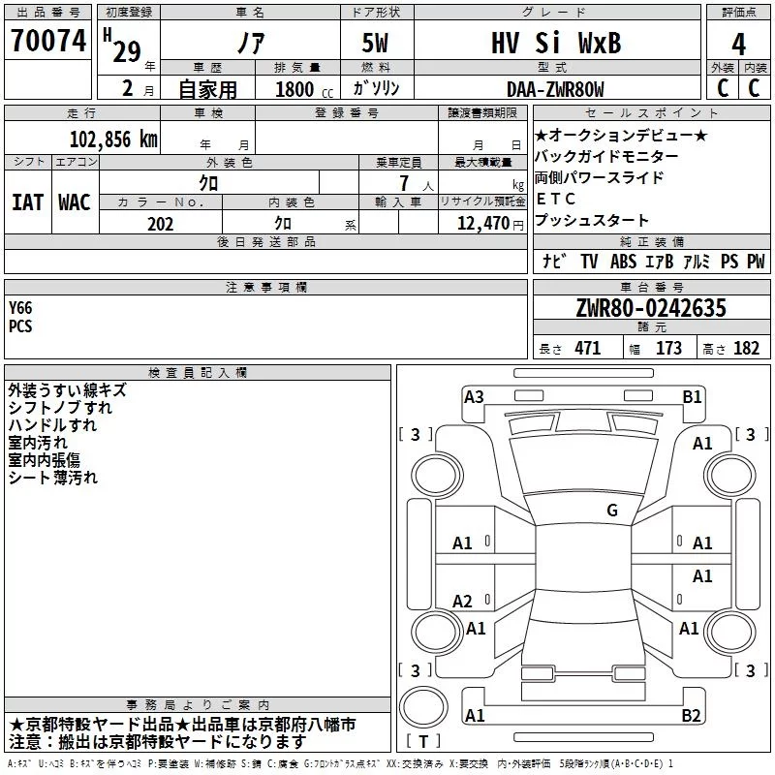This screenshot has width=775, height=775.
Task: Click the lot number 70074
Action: [x=48, y=40]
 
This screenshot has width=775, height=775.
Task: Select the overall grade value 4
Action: [x=738, y=44]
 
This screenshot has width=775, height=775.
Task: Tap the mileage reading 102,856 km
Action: [x=113, y=139]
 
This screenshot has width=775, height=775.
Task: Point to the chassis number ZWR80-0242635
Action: [x=651, y=308]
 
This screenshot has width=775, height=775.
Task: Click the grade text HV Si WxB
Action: [x=556, y=43]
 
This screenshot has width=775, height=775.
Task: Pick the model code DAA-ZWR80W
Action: [x=555, y=89]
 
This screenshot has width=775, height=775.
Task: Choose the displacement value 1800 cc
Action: [x=304, y=89]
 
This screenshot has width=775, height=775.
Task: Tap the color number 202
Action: [x=160, y=224]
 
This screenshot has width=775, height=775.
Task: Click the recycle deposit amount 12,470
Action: [x=482, y=223]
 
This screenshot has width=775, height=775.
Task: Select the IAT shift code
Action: [x=27, y=202]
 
